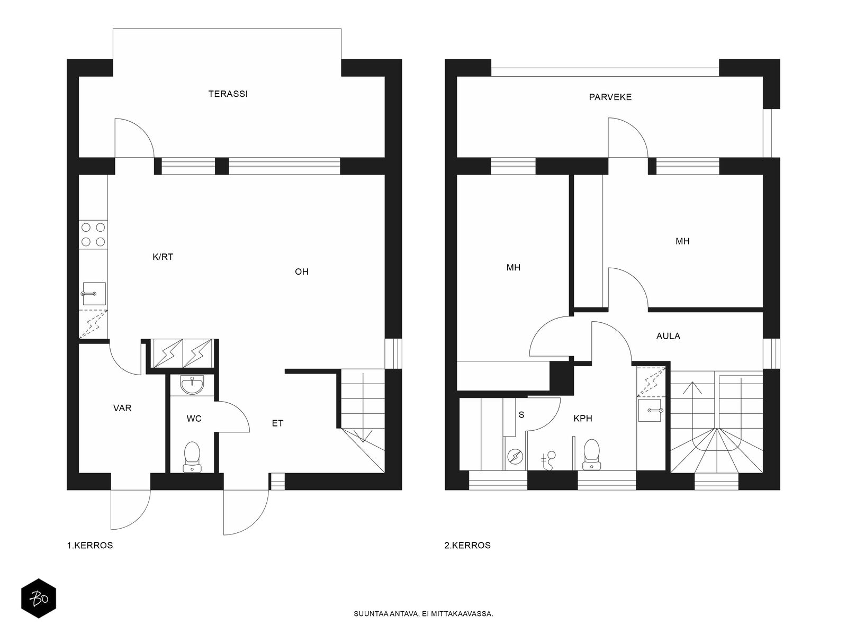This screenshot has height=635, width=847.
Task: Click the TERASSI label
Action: [x=228, y=94]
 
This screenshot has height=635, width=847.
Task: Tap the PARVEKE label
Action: [x=610, y=97]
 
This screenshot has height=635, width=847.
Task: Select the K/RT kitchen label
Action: [x=163, y=257]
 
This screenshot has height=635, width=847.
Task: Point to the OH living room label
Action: [x=301, y=272]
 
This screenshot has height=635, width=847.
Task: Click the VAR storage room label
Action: [x=122, y=408]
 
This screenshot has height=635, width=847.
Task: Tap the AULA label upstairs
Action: [x=668, y=336]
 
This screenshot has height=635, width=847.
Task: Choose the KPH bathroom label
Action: [x=583, y=419]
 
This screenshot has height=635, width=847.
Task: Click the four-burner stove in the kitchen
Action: [x=93, y=234]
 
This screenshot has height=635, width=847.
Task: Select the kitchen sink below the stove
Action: [x=94, y=293]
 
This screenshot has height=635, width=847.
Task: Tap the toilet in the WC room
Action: [x=192, y=457]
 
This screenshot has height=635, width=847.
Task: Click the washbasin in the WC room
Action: [x=192, y=384]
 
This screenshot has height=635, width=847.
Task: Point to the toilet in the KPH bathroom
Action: [x=591, y=455]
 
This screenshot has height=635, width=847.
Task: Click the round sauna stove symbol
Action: [x=515, y=457]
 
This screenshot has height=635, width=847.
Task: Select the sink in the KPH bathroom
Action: [x=650, y=410]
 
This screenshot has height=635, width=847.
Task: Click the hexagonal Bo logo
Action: [x=39, y=598]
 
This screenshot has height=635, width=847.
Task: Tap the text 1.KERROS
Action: [x=90, y=546]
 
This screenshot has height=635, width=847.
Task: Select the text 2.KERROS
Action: [x=467, y=546]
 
